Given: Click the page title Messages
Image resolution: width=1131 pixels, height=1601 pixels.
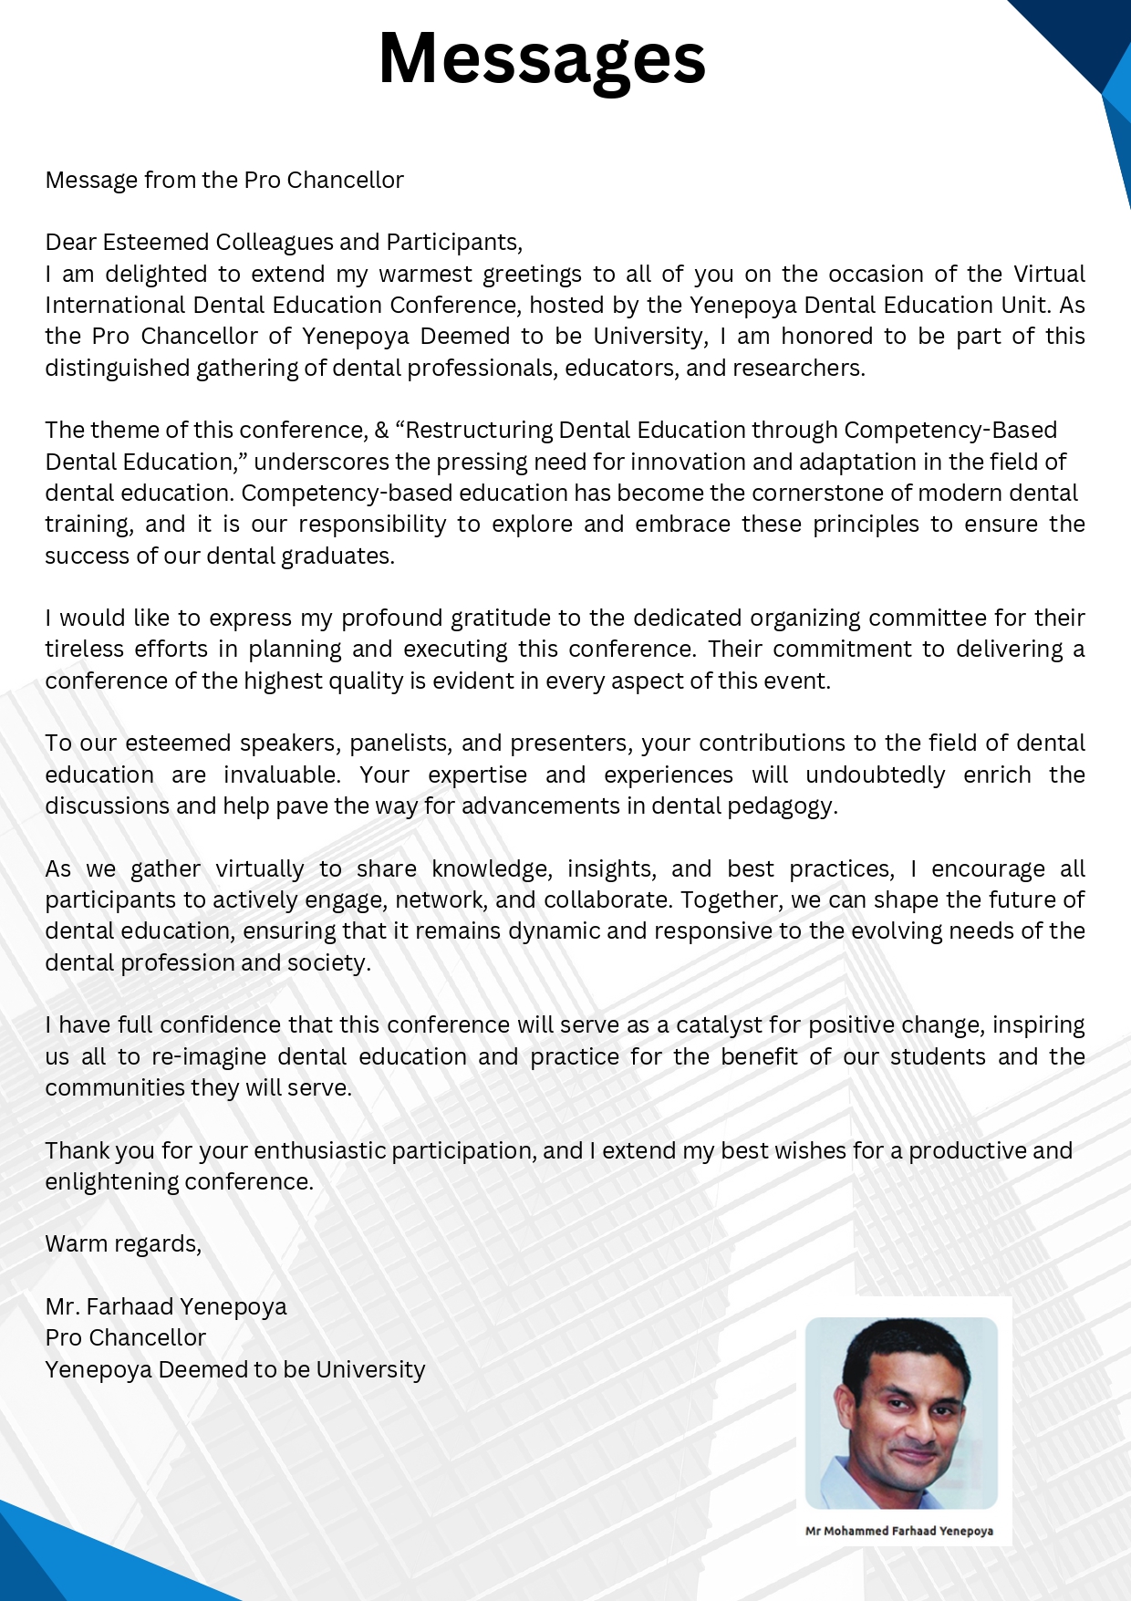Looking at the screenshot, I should (x=542, y=58).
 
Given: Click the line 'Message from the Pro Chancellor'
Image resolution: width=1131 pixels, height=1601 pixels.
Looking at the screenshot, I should (x=224, y=180).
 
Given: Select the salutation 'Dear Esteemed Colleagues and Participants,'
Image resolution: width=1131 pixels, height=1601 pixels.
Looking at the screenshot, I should (x=284, y=242).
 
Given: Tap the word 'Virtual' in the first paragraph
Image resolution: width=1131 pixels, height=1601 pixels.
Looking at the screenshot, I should (x=1049, y=274).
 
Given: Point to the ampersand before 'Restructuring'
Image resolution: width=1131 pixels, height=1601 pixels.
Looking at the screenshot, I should (x=381, y=430).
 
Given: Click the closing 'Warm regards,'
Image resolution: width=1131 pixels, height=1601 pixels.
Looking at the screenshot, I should (x=123, y=1243).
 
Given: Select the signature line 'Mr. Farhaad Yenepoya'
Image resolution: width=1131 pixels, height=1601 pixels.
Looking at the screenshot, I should (x=166, y=1306).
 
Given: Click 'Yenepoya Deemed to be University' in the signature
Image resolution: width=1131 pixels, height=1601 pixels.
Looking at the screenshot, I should (x=235, y=1369).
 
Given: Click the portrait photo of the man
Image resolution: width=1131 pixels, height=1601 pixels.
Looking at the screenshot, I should (x=901, y=1412).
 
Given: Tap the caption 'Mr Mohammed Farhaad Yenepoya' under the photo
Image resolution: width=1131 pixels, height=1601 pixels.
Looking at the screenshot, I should (x=898, y=1531).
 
